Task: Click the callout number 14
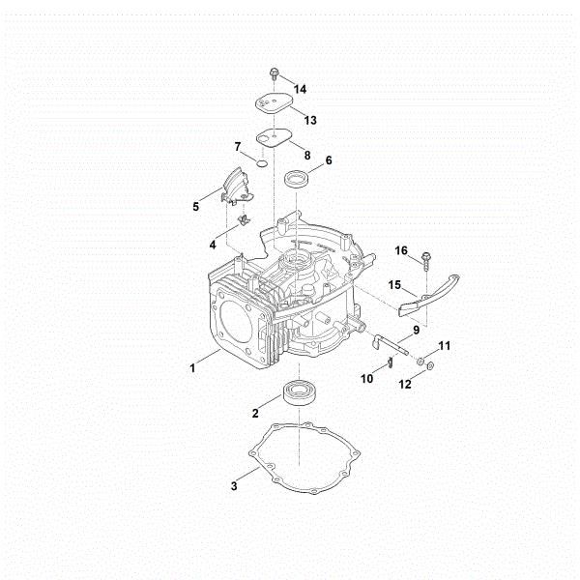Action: click(x=301, y=89)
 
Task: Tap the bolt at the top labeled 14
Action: click(x=275, y=73)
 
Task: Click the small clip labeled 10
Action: click(x=388, y=362)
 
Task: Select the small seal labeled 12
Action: click(x=431, y=366)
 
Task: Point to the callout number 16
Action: click(x=401, y=250)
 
